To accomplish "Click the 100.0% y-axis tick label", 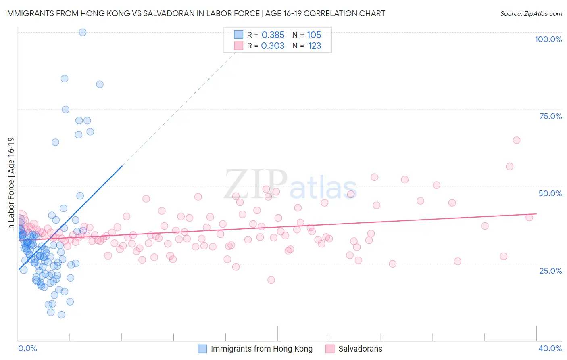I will (548, 39).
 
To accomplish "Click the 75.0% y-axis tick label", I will (550, 116).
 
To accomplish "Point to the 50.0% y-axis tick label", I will (550, 193).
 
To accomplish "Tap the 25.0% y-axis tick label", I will (550, 270).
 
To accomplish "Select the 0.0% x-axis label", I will (27, 348).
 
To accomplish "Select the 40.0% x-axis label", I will (550, 348).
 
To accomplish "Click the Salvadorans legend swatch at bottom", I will (330, 349).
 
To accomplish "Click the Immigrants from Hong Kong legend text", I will (261, 349).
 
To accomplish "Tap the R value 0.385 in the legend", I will (273, 35).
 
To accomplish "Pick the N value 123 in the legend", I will (315, 46).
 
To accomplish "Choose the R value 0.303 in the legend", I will (273, 46).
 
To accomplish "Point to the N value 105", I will (314, 35).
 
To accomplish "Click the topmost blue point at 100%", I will (83, 32).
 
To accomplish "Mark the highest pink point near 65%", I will (517, 140).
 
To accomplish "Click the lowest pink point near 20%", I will (271, 280).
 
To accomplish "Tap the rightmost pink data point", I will (529, 218).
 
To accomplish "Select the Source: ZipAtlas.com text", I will (531, 14).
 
